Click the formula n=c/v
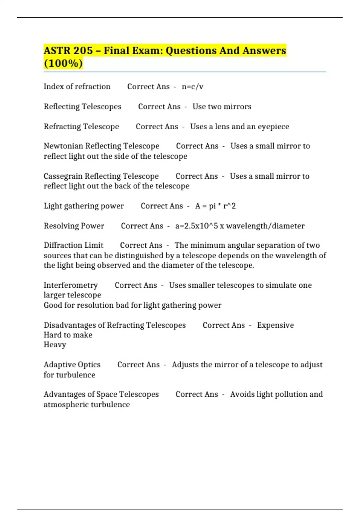(x=192, y=87)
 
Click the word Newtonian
(x=63, y=146)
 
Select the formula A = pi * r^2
(x=215, y=206)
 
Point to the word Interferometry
(x=70, y=285)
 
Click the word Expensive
(x=275, y=325)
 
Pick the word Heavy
(x=55, y=345)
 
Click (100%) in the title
(x=63, y=64)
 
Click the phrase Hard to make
(x=68, y=335)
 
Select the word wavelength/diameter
(x=265, y=226)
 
